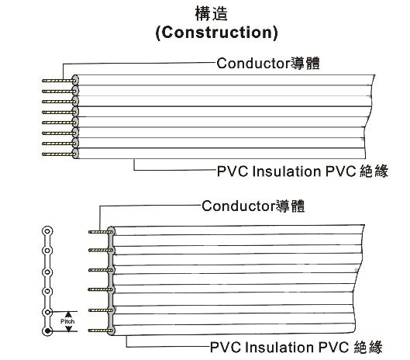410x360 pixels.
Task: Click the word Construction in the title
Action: tap(216, 33)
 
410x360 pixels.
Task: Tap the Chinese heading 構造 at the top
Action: tap(212, 14)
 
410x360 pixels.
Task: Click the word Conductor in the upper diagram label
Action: tap(253, 63)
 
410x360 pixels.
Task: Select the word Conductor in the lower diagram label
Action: tap(239, 206)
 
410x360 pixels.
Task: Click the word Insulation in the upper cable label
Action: tap(287, 171)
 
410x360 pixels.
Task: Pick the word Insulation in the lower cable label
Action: tap(280, 347)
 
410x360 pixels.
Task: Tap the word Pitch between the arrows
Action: tap(67, 321)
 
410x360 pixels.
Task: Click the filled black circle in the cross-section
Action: tap(47, 331)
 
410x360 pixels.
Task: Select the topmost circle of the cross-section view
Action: tap(47, 231)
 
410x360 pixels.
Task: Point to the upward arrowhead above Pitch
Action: tap(68, 314)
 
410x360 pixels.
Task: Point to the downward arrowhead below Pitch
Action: tap(68, 328)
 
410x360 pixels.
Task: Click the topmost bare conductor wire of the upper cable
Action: tap(58, 81)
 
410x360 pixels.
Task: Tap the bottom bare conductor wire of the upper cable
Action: tap(58, 154)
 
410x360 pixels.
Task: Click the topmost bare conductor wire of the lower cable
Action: tap(99, 232)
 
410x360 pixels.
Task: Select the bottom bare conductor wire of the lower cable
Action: tap(99, 331)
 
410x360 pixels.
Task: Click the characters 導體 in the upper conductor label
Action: tap(305, 64)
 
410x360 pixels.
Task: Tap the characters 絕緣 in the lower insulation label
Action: tap(368, 347)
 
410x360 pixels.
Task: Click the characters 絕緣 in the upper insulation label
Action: tap(374, 171)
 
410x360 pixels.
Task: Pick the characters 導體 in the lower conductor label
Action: tap(290, 206)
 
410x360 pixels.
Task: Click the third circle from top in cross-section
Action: tap(47, 272)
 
